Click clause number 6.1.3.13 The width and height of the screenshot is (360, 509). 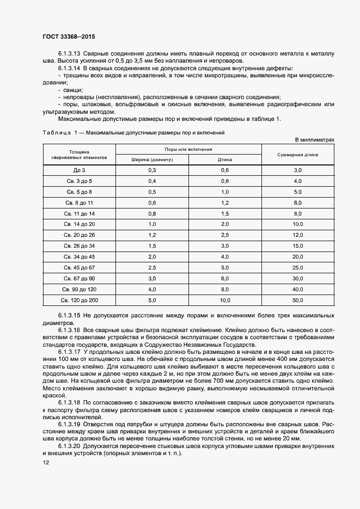pos(69,54)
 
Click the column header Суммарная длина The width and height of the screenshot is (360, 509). pos(297,154)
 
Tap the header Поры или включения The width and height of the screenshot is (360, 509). pos(188,149)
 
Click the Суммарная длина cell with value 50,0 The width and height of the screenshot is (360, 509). pos(297,299)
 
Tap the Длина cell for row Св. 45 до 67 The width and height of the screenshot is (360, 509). pos(225,267)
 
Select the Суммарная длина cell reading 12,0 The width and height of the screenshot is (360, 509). pos(297,235)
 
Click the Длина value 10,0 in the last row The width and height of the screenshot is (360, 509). pos(225,299)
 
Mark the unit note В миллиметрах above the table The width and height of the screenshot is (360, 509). pos(315,139)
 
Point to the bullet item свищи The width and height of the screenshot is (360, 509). pos(74,89)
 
